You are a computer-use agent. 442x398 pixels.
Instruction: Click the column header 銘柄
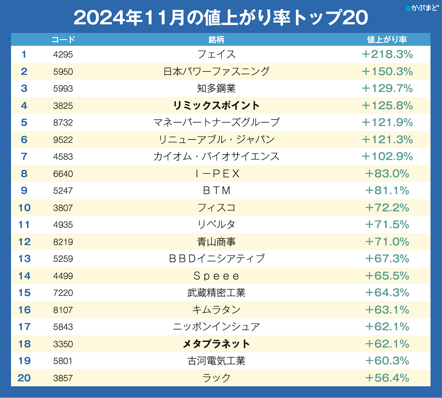[217, 39]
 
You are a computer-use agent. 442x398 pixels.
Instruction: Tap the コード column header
[63, 39]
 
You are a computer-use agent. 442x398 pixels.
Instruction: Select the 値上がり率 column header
[387, 39]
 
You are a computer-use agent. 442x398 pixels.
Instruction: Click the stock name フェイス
[217, 54]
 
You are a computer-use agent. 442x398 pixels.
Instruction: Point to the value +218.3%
[387, 54]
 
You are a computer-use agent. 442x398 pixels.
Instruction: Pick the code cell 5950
[63, 72]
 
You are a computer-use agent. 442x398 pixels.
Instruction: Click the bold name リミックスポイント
[217, 106]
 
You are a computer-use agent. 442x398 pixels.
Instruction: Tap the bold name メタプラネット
[217, 344]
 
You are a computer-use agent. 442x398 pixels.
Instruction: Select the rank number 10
[24, 207]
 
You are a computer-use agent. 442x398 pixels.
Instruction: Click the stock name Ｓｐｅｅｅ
[217, 276]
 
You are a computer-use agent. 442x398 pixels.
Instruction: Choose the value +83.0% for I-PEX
[387, 174]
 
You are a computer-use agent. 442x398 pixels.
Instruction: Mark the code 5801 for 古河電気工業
[63, 361]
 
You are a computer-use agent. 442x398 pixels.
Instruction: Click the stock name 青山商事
[217, 242]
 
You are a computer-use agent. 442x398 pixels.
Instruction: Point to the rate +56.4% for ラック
[387, 378]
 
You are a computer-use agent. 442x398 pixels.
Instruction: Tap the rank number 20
[24, 378]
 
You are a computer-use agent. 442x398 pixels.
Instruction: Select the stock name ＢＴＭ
[217, 191]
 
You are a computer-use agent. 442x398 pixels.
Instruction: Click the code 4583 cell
[63, 157]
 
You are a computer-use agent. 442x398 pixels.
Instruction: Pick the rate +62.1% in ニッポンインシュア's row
[387, 327]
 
